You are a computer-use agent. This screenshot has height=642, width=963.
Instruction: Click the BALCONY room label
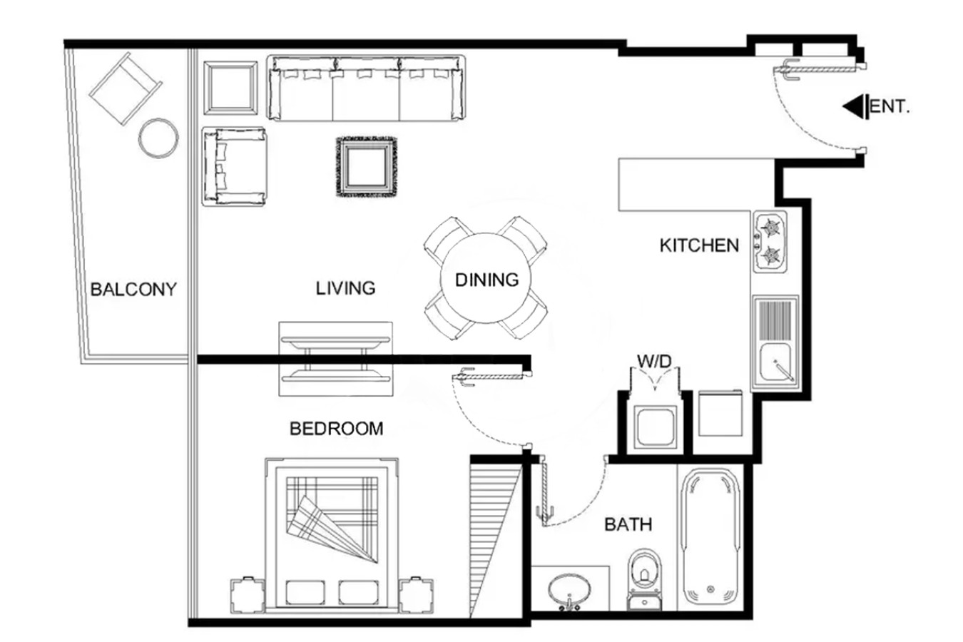[133, 290]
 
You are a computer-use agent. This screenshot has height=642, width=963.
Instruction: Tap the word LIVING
[346, 288]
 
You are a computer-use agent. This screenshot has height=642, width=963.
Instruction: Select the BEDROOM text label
[337, 429]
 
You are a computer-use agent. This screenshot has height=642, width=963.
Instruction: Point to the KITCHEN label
[700, 245]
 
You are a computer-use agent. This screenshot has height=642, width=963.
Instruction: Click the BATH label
[628, 524]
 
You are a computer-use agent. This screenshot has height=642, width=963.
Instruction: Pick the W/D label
[654, 361]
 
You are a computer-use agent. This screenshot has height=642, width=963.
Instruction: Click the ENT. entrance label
[890, 106]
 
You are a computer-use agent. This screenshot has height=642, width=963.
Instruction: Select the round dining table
[486, 278]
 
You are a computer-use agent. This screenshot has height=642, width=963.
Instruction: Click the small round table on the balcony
[158, 138]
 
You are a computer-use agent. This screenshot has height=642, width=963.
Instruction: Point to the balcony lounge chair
[126, 88]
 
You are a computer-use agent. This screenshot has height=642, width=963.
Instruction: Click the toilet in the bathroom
[644, 579]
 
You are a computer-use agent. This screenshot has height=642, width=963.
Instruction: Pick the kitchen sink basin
[775, 362]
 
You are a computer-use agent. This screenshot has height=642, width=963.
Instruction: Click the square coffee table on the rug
[367, 167]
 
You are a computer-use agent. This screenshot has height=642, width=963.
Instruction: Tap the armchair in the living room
[234, 167]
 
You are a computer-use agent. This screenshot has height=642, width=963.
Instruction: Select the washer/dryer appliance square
[654, 428]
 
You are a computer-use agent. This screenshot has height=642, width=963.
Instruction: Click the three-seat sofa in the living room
[366, 88]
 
